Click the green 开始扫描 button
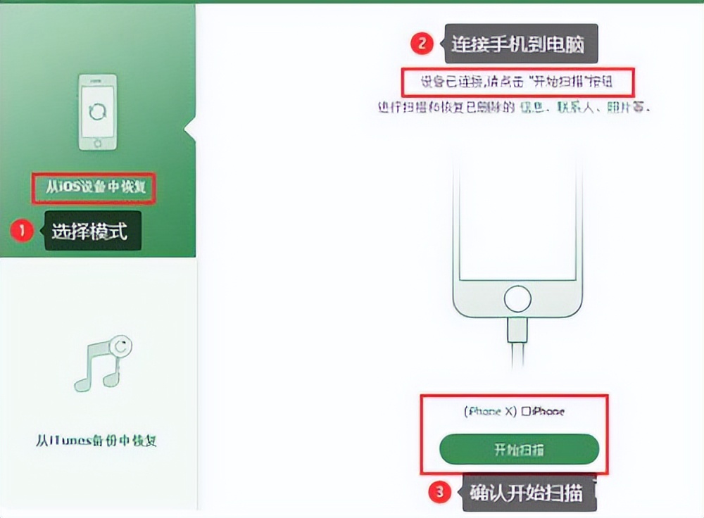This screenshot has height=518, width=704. [519, 450]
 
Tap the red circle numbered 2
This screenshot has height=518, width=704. [421, 43]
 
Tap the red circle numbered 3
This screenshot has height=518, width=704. [440, 493]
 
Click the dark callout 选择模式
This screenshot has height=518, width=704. [92, 230]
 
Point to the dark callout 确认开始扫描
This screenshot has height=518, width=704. [527, 493]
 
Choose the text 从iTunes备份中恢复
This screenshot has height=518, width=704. [96, 441]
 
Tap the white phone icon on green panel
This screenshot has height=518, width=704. [97, 113]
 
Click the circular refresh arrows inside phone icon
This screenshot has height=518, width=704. [98, 112]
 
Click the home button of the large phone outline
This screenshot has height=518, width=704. [517, 300]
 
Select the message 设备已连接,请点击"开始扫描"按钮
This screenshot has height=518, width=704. [518, 82]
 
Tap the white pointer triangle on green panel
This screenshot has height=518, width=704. [189, 129]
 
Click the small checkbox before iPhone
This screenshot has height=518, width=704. [527, 412]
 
